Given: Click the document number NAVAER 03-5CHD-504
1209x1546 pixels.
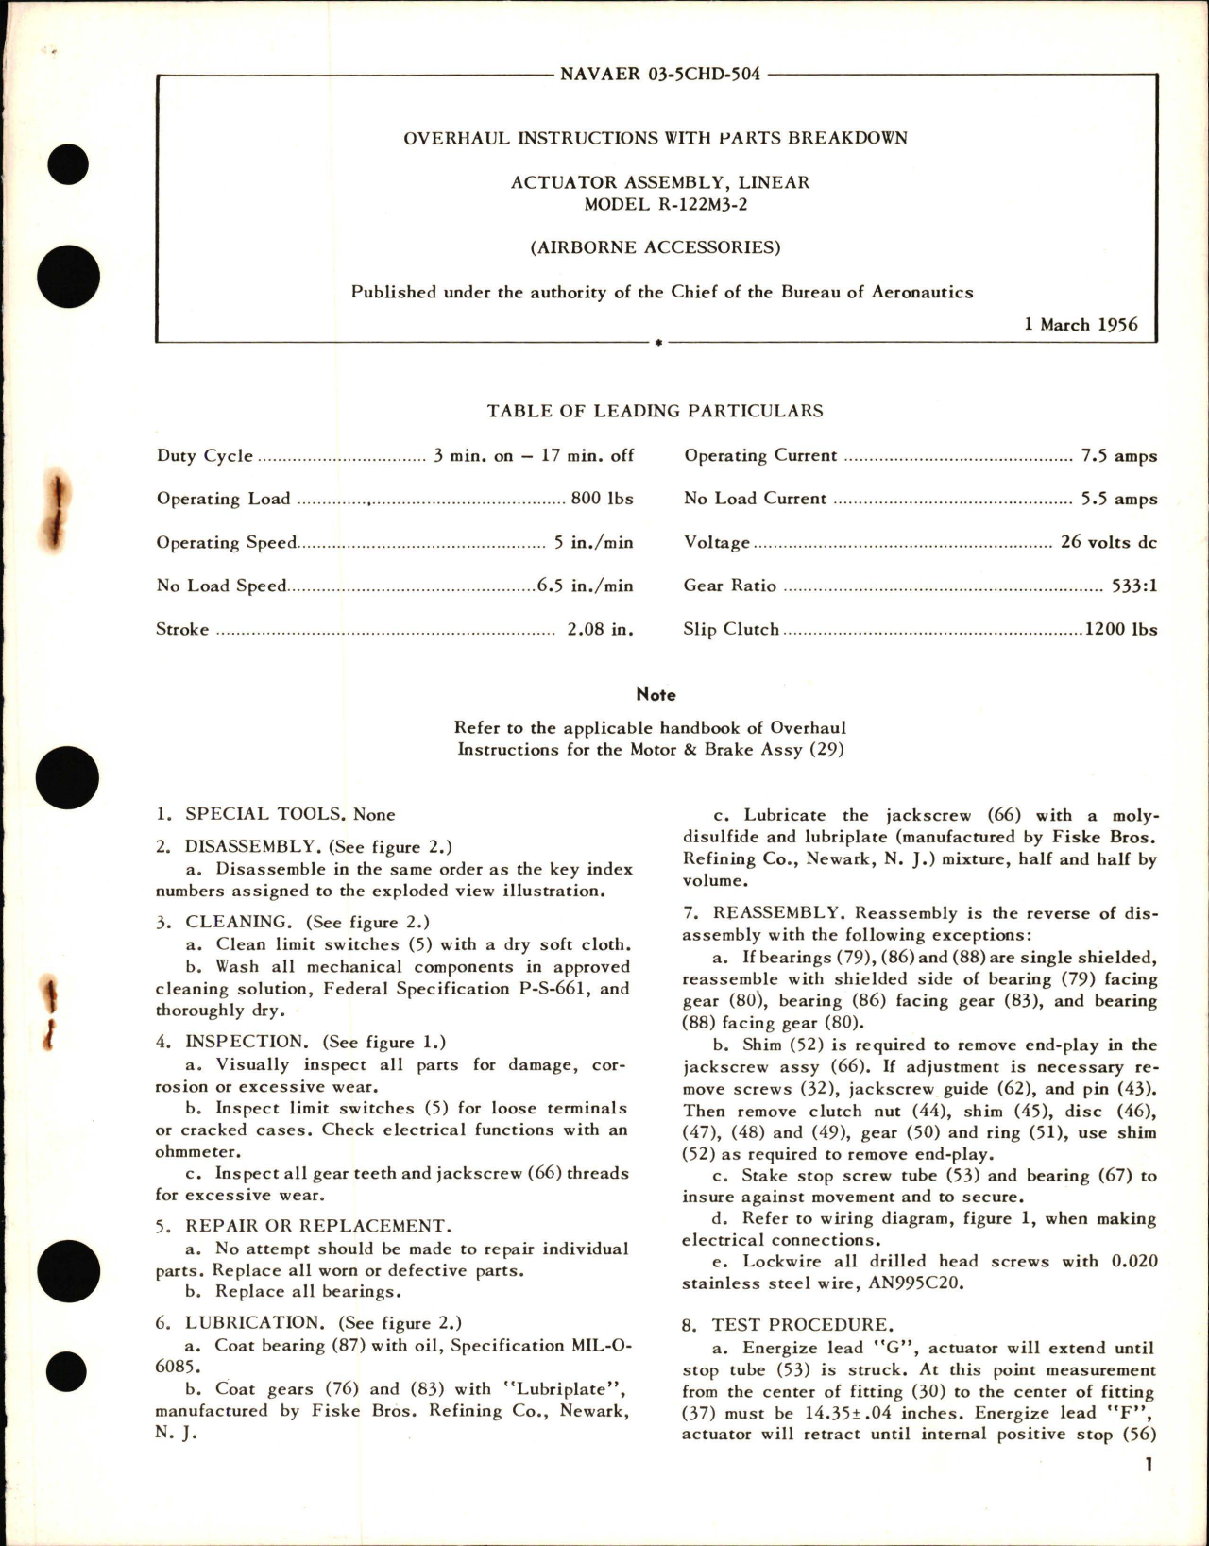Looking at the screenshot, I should click(659, 74).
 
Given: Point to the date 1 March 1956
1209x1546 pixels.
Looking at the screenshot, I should click(1081, 324).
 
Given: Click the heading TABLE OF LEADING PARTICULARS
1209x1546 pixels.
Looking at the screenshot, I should click(655, 411).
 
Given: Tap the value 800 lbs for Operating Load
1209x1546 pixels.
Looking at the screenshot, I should click(602, 499).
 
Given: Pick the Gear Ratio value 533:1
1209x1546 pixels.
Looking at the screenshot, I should click(1134, 586).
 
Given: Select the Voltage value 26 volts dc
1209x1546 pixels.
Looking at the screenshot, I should click(1109, 542).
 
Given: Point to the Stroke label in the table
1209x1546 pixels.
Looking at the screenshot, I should click(182, 629).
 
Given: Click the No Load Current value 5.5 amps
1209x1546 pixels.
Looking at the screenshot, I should click(1118, 499).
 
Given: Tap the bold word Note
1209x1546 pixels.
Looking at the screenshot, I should click(656, 694).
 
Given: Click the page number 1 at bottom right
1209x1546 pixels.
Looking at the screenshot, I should click(1149, 1465).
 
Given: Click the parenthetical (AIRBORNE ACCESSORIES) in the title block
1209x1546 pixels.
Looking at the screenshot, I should click(655, 247).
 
